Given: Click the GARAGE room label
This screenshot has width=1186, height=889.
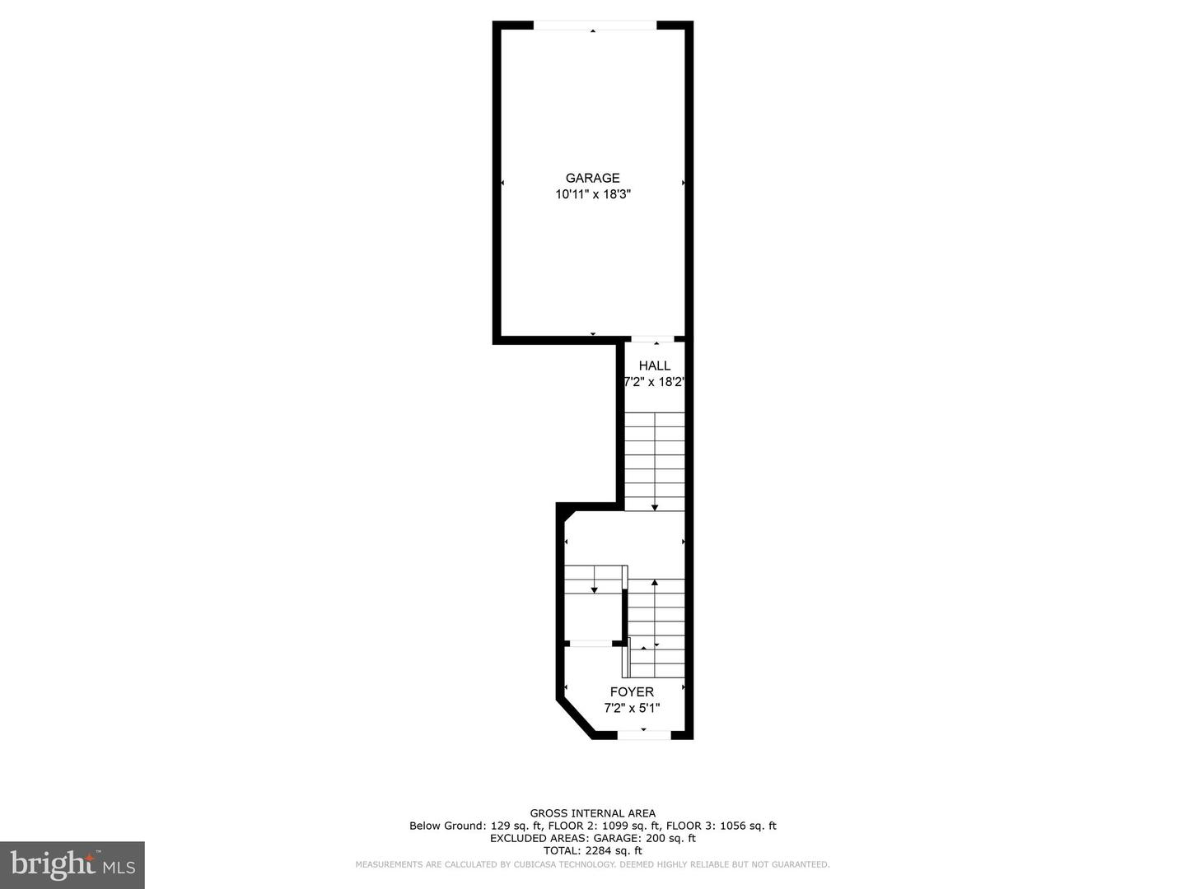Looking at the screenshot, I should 592,178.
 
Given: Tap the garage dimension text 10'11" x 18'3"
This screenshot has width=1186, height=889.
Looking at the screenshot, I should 592,194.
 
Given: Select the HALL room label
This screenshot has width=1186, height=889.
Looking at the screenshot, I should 655,365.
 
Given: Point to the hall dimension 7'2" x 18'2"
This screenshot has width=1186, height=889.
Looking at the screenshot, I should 655,382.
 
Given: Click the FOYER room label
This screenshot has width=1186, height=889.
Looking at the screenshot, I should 632,692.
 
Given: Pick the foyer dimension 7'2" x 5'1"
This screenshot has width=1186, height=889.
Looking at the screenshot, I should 632,708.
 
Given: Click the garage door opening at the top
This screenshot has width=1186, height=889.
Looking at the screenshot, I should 595,26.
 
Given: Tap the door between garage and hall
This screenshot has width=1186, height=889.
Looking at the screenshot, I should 652,338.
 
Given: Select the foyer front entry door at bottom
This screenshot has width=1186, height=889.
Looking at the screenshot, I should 644,734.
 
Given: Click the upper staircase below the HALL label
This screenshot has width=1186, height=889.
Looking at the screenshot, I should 655,461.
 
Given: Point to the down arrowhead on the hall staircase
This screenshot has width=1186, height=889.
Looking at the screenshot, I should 655,506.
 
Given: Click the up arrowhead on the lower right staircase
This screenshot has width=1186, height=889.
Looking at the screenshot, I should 655,583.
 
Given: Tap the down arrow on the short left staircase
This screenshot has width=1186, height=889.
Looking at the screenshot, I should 594,589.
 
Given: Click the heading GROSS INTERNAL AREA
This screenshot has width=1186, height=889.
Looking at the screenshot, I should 592,813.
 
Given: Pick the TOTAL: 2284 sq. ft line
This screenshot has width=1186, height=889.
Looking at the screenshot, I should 592,850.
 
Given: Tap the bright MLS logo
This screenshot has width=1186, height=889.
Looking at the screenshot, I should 72,865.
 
